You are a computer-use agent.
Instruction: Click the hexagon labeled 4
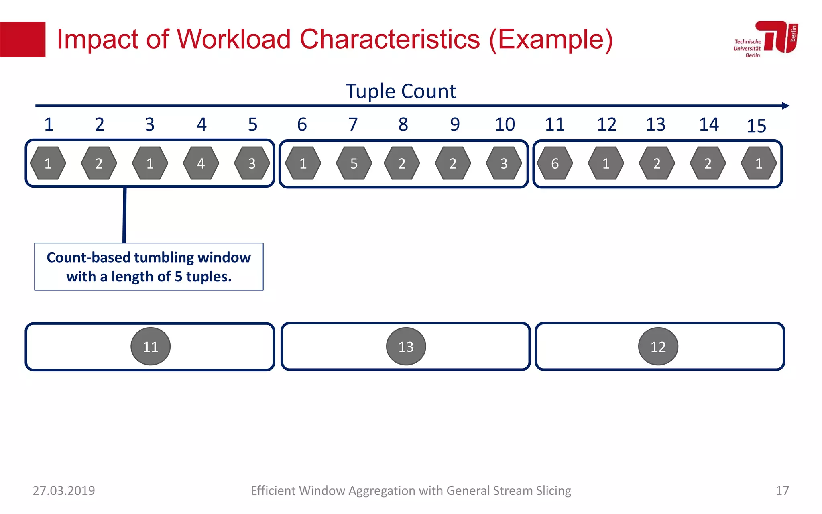point(201,163)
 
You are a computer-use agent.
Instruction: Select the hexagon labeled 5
point(354,163)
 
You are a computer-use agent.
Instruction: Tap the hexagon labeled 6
point(555,163)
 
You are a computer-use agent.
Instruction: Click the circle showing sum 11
point(151,346)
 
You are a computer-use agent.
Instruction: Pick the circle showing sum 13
point(406,346)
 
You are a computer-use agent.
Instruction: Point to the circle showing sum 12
point(658,346)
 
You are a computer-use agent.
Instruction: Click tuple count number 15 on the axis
point(756,126)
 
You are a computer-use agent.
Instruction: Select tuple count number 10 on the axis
point(505,124)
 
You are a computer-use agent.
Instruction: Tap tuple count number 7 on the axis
point(353,124)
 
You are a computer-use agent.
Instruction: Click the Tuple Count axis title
point(401,91)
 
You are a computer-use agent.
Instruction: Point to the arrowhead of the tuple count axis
point(785,106)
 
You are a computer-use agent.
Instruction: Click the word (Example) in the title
point(551,39)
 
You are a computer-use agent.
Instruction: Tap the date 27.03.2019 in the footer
point(64,490)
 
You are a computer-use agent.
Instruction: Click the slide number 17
point(782,490)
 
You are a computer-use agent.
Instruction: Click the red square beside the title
point(22,39)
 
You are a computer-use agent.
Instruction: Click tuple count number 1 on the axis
point(49,124)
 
